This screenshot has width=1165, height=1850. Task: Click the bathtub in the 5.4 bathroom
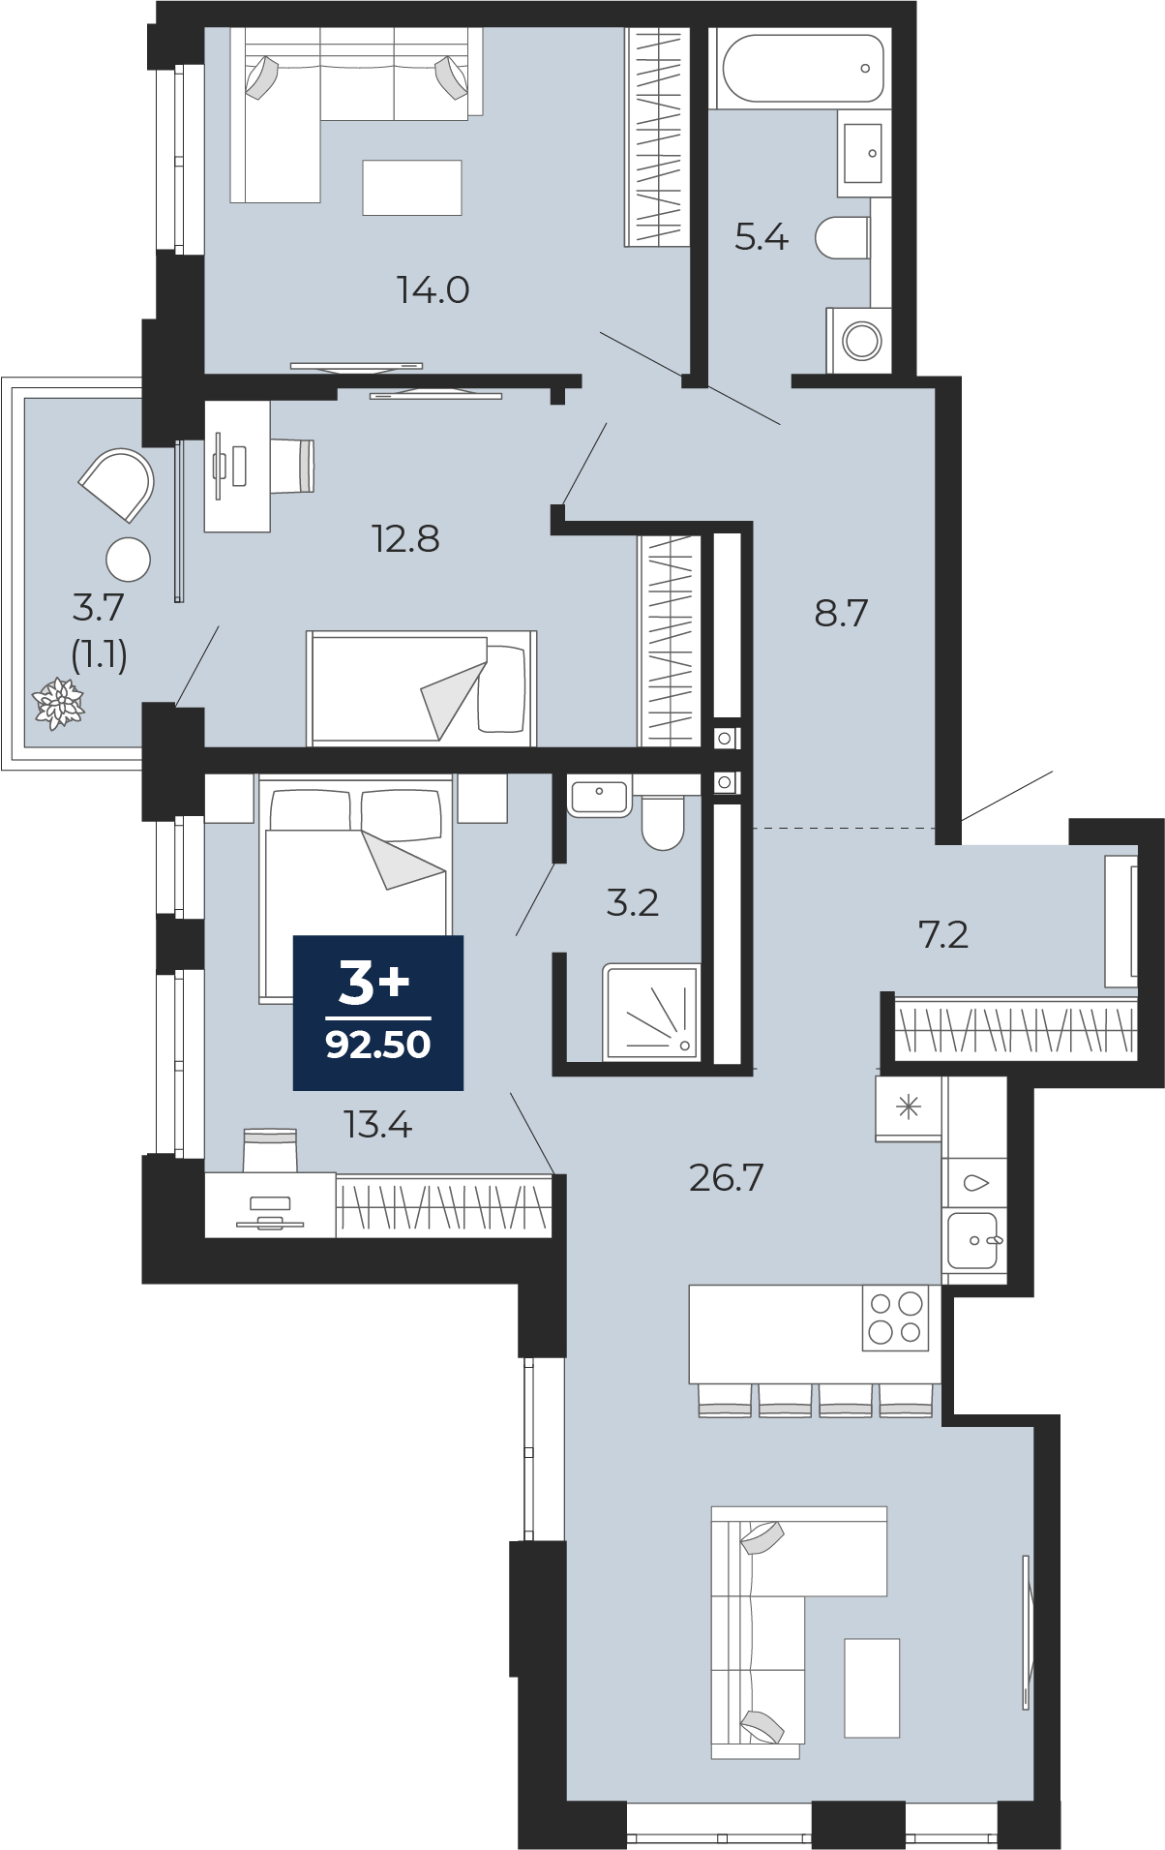pyautogui.click(x=802, y=68)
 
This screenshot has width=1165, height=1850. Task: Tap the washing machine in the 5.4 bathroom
pyautogui.click(x=858, y=340)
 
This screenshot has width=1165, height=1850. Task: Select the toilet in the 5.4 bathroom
pyautogui.click(x=842, y=237)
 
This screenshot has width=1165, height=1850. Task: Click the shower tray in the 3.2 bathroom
pyautogui.click(x=651, y=1011)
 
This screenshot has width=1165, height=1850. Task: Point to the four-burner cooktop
pyautogui.click(x=895, y=1318)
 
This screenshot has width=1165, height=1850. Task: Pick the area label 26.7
pyautogui.click(x=727, y=1177)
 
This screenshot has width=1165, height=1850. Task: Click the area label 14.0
pyautogui.click(x=433, y=289)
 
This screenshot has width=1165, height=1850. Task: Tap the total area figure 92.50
pyautogui.click(x=378, y=1045)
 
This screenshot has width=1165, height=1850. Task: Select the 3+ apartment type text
pyautogui.click(x=374, y=983)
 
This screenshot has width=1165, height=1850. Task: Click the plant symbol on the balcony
pyautogui.click(x=59, y=703)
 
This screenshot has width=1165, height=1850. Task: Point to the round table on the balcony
pyautogui.click(x=129, y=560)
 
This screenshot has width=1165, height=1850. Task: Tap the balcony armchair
pyautogui.click(x=118, y=484)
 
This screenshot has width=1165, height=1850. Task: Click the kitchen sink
pyautogui.click(x=973, y=1240)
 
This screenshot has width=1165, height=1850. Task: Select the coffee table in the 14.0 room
pyautogui.click(x=412, y=187)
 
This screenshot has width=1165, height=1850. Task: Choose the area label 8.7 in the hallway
pyautogui.click(x=842, y=613)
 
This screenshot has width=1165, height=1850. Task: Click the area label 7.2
pyautogui.click(x=942, y=934)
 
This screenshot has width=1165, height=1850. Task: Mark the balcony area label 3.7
pyautogui.click(x=99, y=607)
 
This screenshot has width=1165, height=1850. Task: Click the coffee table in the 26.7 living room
pyautogui.click(x=872, y=1687)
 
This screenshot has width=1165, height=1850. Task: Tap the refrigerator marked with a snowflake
pyautogui.click(x=909, y=1107)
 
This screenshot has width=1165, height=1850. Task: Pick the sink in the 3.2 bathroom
pyautogui.click(x=599, y=797)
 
